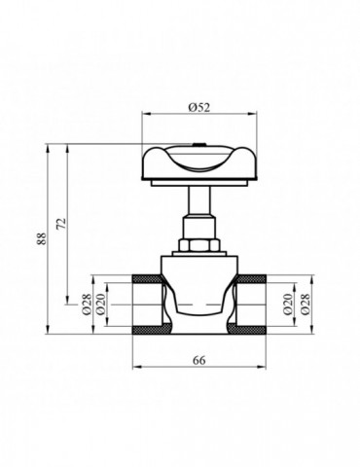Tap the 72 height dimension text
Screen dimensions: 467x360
coord(60,224)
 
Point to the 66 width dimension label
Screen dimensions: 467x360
coord(198,360)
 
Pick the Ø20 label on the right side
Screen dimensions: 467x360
coord(288,305)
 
